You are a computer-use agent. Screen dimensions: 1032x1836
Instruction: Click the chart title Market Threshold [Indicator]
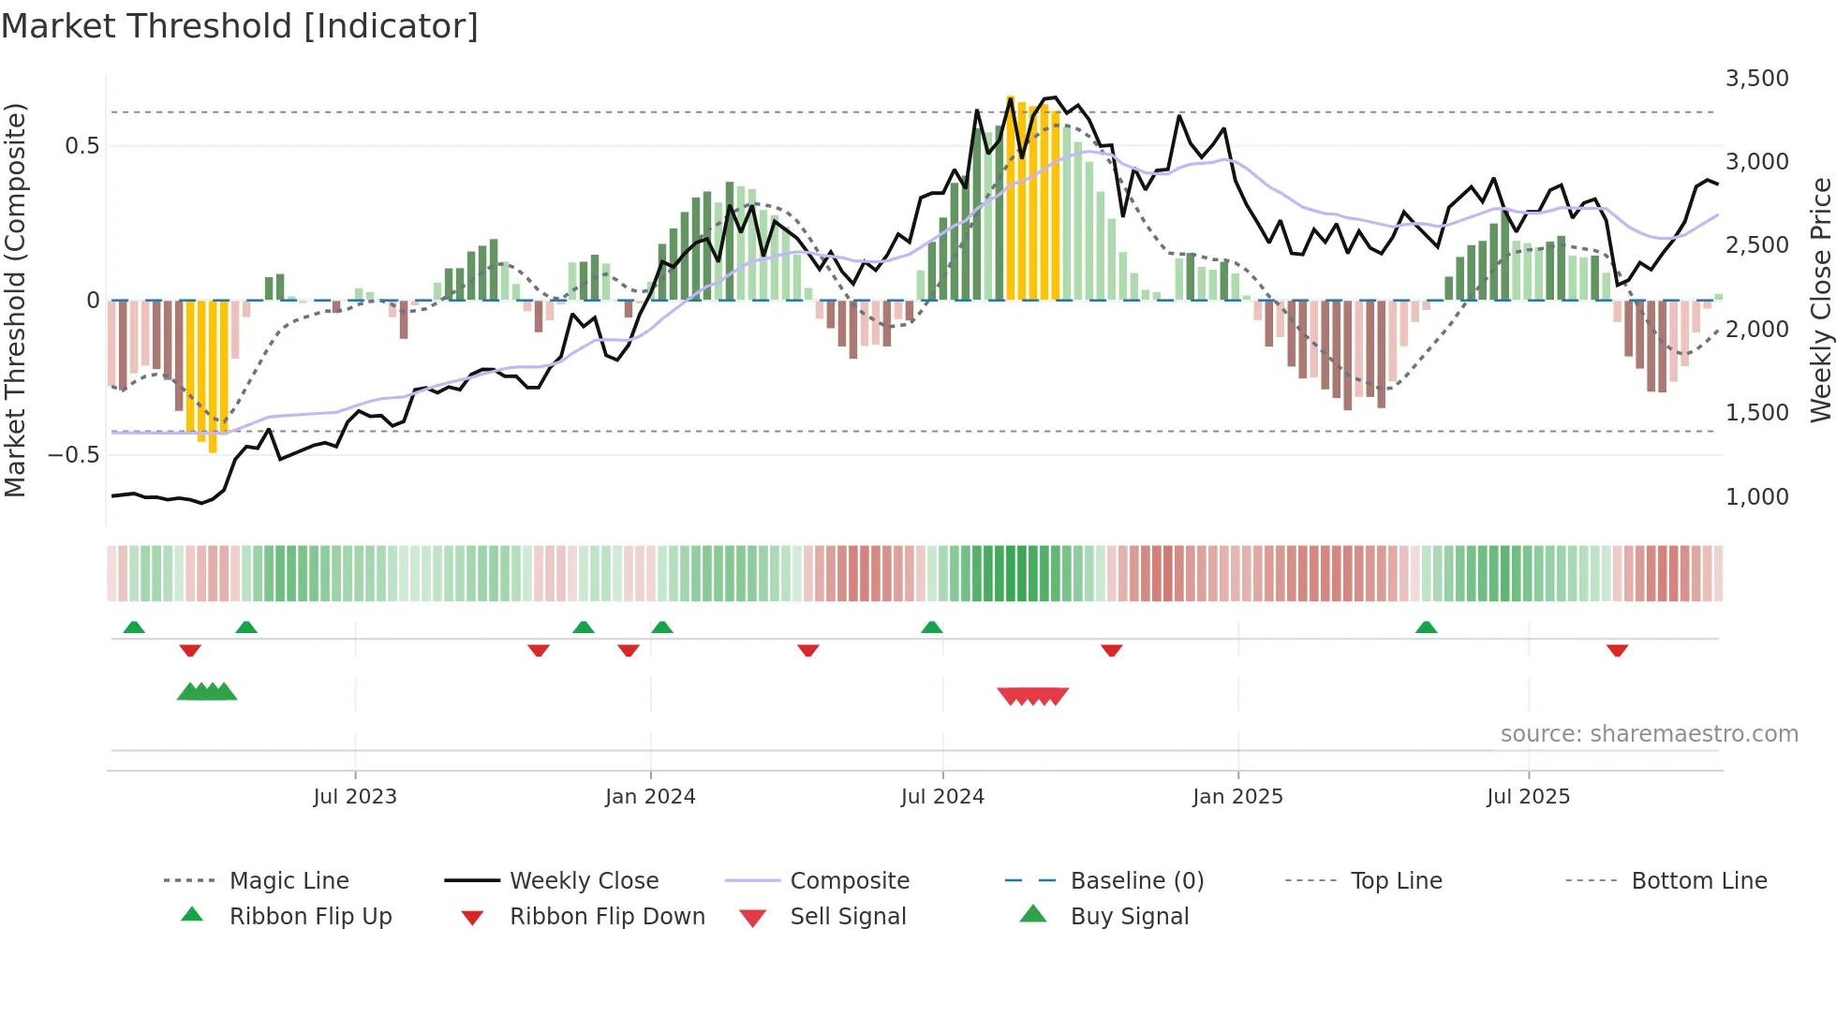[240, 26]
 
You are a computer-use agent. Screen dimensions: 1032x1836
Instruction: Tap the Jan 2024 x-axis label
[650, 797]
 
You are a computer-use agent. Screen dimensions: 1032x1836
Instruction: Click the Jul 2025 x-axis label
[1528, 797]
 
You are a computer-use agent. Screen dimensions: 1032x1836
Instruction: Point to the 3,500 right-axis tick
[1756, 79]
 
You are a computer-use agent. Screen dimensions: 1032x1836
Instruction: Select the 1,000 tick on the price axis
[1756, 496]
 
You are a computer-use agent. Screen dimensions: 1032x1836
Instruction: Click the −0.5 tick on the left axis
[73, 455]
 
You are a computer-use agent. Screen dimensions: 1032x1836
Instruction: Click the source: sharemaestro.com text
[1649, 734]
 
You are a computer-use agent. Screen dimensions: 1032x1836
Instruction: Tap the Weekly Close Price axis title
[1819, 300]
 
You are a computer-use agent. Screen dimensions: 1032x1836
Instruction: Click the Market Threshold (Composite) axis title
[15, 300]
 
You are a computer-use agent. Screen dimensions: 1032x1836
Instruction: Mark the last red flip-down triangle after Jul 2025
[1617, 650]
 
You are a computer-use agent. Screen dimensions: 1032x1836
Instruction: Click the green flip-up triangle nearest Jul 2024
[931, 627]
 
